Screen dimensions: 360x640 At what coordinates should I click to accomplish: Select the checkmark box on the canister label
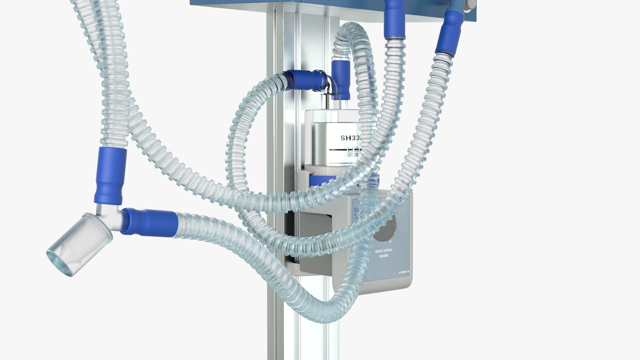(350, 155)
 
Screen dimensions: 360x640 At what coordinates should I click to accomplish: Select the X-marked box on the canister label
(356, 155)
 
